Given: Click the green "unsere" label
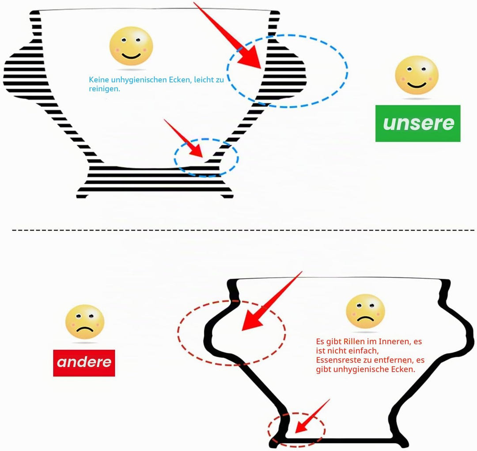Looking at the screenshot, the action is pos(418,123).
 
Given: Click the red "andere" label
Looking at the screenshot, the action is pos(84,363).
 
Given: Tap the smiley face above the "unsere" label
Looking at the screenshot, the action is pos(417,75).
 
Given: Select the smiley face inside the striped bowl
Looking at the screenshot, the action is pos(131,46).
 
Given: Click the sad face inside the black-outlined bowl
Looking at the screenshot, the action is pos(365,311).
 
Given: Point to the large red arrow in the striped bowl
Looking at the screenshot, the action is pos(227,35).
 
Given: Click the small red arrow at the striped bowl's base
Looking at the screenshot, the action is pos(183,138).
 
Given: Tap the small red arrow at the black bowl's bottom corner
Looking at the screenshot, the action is pos(312,416).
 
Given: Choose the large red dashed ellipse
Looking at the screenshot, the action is pos(178,333).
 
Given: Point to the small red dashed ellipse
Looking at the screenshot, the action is pos(269,430).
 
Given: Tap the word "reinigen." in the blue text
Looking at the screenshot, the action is pos(104,89).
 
